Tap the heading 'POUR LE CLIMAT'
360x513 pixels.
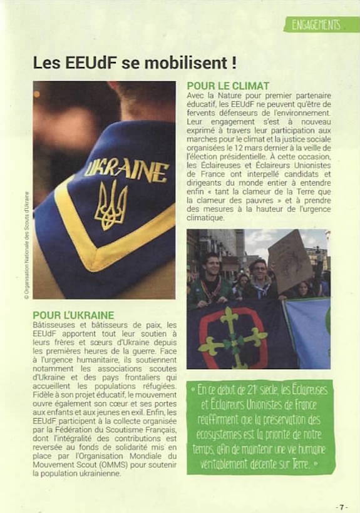coord(228,86)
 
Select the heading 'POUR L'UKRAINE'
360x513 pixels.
coord(74,315)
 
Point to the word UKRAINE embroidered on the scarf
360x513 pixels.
coord(126,168)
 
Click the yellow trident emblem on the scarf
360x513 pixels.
coord(111,205)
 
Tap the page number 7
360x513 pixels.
coord(341,505)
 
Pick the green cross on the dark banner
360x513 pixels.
coord(232,338)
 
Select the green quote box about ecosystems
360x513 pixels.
coord(260,426)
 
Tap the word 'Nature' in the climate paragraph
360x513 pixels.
coord(229,95)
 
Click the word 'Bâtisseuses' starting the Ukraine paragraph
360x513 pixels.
coord(54,325)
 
